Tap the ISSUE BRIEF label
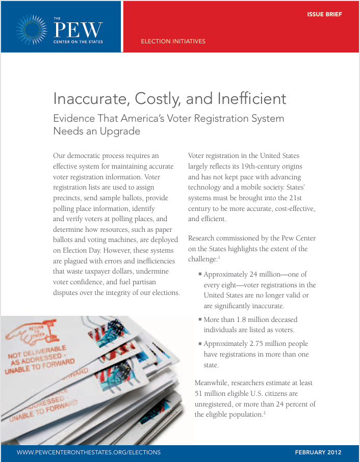(324, 14)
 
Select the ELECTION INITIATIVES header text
(173, 41)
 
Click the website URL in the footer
(89, 452)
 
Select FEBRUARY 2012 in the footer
(318, 452)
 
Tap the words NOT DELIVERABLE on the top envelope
(36, 356)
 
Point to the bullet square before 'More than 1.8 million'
(200, 319)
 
